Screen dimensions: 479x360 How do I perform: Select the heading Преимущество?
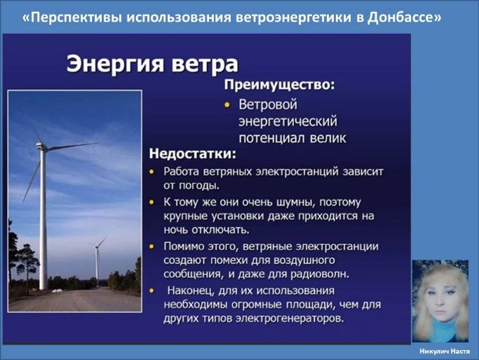pyautogui.click(x=280, y=85)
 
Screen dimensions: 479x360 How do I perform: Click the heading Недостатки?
pyautogui.click(x=193, y=154)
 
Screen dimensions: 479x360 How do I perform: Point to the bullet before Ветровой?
pyautogui.click(x=227, y=105)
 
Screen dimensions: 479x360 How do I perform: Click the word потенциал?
pyautogui.click(x=271, y=138)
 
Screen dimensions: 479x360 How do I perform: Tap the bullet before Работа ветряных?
pyautogui.click(x=151, y=172)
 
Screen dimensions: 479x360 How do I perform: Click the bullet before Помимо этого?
pyautogui.click(x=151, y=246)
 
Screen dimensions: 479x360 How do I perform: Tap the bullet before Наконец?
pyautogui.click(x=151, y=291)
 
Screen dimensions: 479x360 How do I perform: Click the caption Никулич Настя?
pyautogui.click(x=445, y=352)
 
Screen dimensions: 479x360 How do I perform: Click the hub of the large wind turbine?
pyautogui.click(x=41, y=147)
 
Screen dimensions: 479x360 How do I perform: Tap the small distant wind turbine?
pyautogui.click(x=97, y=260)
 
